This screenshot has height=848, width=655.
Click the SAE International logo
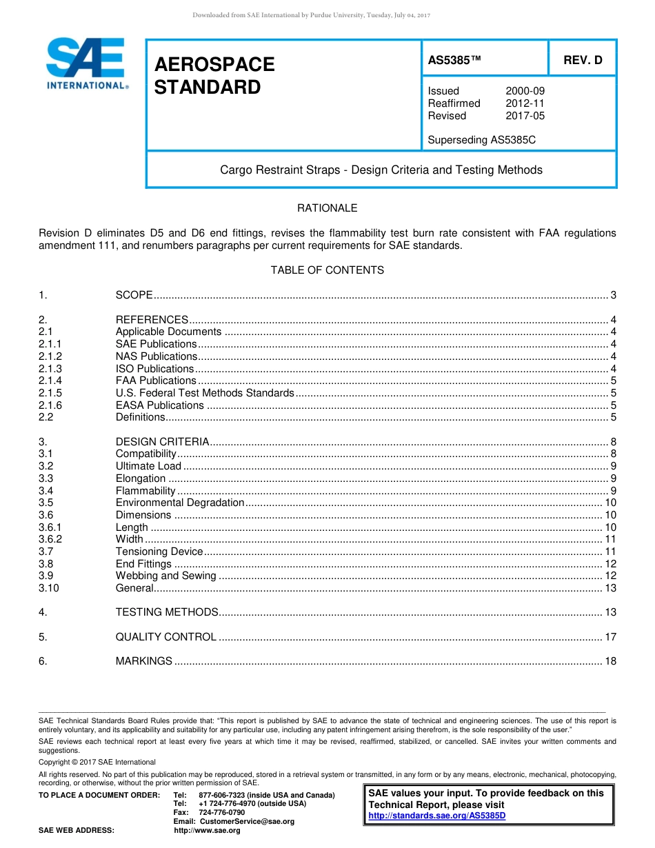[x=85, y=63]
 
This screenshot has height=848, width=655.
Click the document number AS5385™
[x=454, y=60]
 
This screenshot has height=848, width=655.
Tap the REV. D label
[x=583, y=60]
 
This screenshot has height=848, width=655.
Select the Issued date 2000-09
[x=525, y=91]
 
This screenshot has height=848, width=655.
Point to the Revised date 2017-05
[x=525, y=116]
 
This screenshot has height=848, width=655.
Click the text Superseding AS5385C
[x=481, y=140]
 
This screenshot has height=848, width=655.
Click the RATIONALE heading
[x=327, y=208]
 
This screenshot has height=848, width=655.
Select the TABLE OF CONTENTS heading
[x=327, y=270]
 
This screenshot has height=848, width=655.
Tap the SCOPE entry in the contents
[x=134, y=295]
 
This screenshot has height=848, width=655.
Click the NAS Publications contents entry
[x=157, y=356]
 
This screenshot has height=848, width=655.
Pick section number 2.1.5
[x=50, y=393]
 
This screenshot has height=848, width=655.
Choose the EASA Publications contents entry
[x=160, y=405]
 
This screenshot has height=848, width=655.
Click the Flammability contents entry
[x=145, y=491]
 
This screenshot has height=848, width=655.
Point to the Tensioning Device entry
[x=159, y=552]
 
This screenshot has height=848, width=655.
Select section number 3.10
[x=49, y=588]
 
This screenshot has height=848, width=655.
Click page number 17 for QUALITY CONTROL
[x=610, y=637]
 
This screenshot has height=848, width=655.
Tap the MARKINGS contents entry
[x=144, y=661]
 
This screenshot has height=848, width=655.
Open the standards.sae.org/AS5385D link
[x=437, y=816]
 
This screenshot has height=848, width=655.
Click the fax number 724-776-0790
[x=221, y=812]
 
